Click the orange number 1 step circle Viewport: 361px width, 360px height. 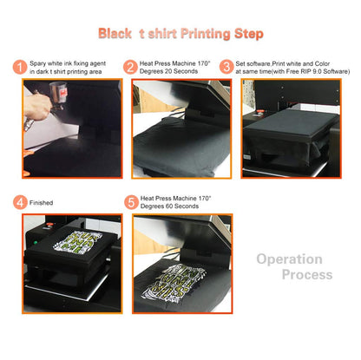[20, 68]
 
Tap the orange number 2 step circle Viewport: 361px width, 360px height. [130, 68]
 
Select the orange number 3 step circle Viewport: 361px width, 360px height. [227, 68]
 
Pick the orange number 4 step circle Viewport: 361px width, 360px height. [20, 202]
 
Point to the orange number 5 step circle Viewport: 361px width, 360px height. [130, 202]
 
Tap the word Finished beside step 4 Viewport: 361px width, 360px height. [42, 203]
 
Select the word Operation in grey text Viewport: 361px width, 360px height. [289, 259]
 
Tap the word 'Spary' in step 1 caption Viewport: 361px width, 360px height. [39, 63]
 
